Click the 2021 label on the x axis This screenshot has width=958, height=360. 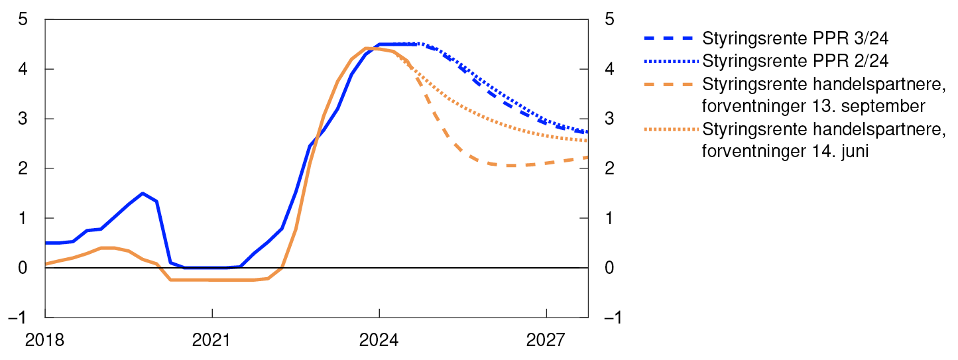click(x=211, y=341)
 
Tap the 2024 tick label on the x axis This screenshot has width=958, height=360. click(x=379, y=341)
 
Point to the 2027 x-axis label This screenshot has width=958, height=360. click(x=546, y=341)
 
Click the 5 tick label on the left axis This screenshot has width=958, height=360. click(x=23, y=20)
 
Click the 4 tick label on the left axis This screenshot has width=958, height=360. click(x=23, y=70)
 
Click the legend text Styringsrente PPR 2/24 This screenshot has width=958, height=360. click(x=795, y=61)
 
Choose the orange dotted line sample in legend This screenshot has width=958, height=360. click(x=670, y=130)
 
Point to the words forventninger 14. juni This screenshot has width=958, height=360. click(x=786, y=152)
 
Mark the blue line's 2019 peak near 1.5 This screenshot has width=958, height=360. click(x=143, y=194)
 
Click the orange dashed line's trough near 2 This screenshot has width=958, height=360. click(x=509, y=165)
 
